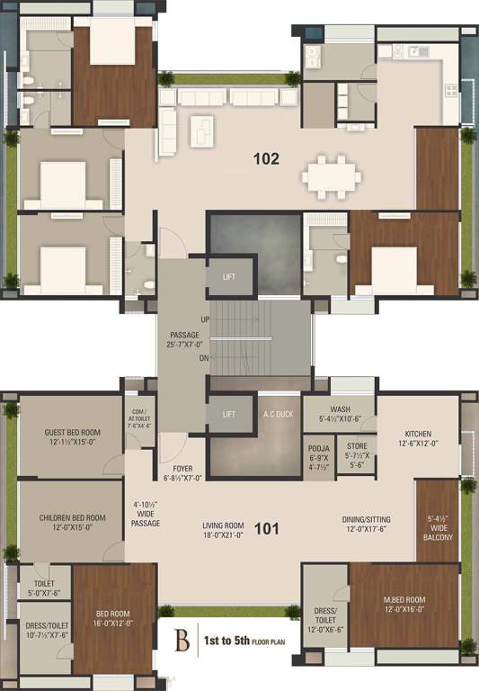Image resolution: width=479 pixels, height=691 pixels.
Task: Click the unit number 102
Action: [266, 159]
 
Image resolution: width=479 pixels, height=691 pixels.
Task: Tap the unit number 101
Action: [266, 528]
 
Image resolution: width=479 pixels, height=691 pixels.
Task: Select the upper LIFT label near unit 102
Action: [228, 276]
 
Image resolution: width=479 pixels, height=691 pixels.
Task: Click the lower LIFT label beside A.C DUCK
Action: [228, 415]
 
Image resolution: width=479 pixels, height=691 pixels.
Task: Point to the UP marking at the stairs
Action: [206, 320]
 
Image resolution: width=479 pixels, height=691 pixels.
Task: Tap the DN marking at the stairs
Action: [206, 357]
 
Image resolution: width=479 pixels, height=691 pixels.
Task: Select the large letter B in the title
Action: [182, 642]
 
